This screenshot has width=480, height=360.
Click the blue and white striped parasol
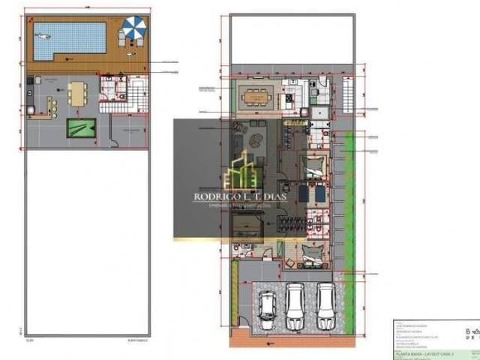[x=134, y=28]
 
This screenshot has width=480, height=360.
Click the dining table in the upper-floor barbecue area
[x=76, y=93]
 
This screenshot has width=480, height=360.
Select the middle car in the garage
[x=297, y=304]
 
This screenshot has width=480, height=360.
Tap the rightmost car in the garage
[x=325, y=303]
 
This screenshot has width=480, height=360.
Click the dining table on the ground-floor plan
[x=256, y=97]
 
